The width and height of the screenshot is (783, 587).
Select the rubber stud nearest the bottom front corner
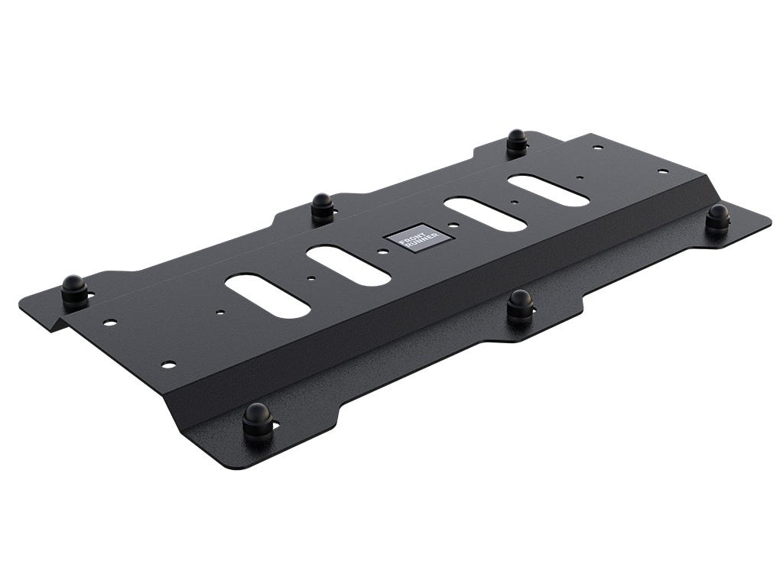(257, 420)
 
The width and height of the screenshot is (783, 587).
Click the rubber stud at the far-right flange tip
(717, 218)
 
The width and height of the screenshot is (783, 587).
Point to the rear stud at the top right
(517, 141)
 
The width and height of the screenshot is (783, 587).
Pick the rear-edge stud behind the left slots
(322, 206)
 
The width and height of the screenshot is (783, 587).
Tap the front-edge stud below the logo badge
(521, 306)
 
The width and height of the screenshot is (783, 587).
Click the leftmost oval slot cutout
(268, 296)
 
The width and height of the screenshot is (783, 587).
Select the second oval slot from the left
(349, 265)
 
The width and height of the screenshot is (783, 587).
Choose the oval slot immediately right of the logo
(485, 214)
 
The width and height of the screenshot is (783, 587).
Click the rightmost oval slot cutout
(548, 190)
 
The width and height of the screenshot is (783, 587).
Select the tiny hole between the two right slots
(515, 203)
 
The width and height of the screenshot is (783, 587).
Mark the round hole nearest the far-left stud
(110, 322)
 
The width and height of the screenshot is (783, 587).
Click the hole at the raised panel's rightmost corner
(663, 171)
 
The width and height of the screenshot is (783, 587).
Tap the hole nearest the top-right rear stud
(597, 147)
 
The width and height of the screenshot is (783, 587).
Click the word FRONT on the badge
(414, 235)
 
